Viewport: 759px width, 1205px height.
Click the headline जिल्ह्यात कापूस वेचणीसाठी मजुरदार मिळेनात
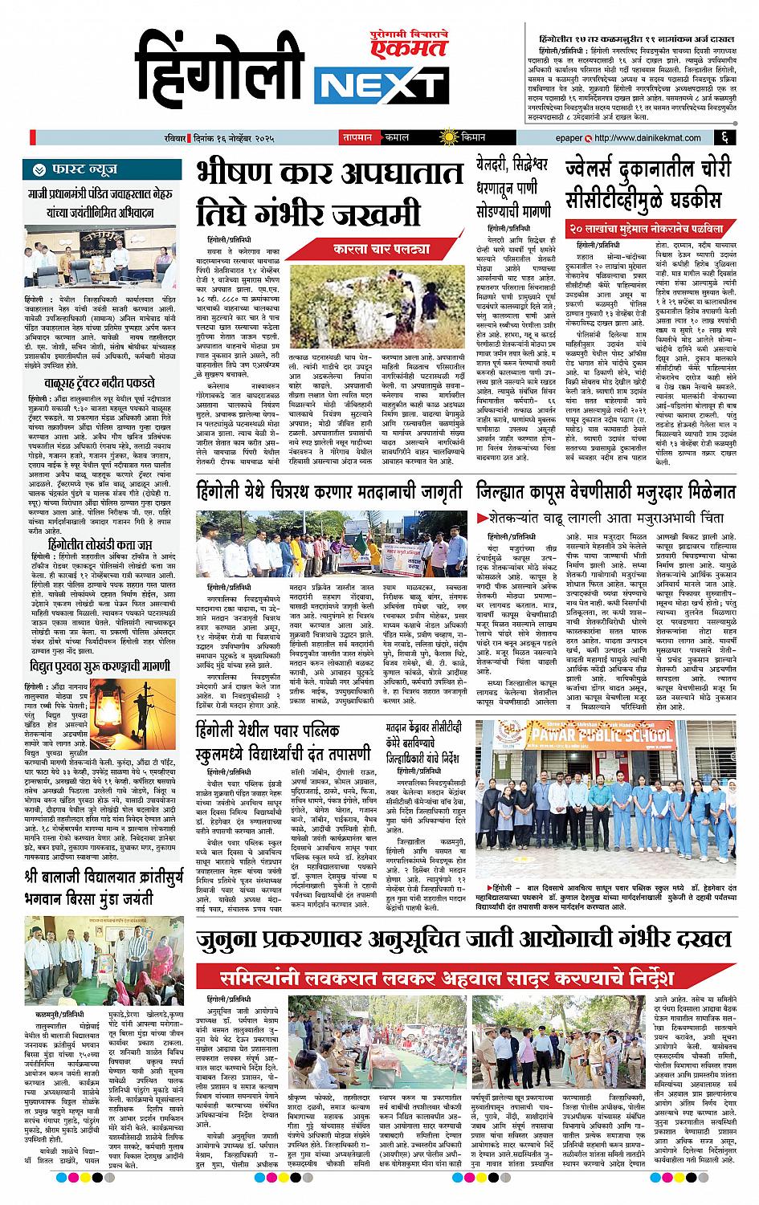pyautogui.click(x=606, y=491)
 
